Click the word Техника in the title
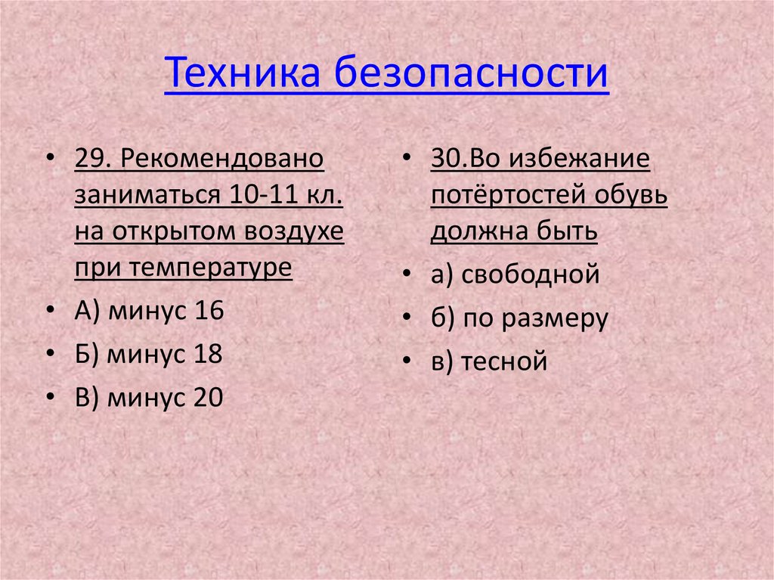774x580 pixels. tap(242, 73)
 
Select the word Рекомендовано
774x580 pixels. tap(221, 160)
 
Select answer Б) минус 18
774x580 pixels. tap(148, 355)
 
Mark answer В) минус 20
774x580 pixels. tap(148, 399)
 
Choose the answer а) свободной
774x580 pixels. tap(515, 275)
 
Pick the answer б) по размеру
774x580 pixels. tap(519, 319)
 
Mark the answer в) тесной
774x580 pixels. tap(488, 362)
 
